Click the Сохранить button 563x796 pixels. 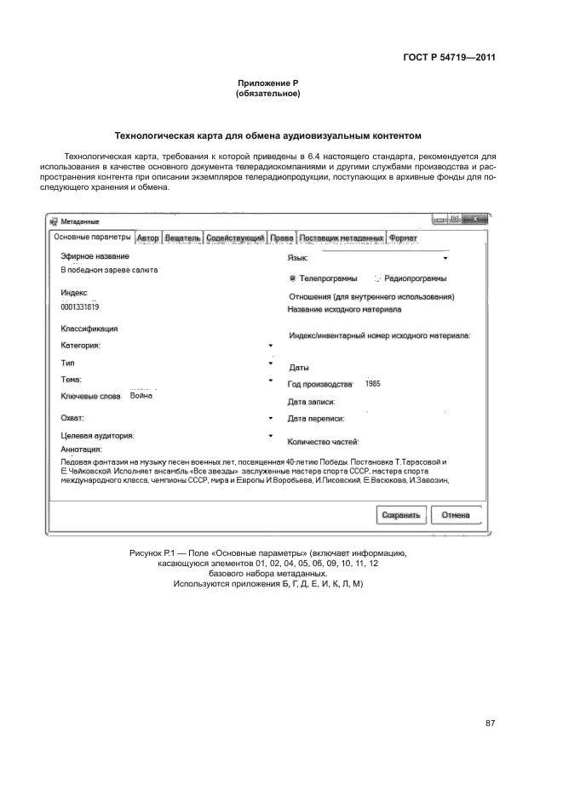(400, 515)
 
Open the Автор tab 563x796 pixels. (147, 238)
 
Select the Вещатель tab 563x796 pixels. (182, 238)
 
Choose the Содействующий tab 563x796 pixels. (235, 238)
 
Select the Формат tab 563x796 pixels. (403, 238)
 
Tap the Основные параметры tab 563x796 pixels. (92, 238)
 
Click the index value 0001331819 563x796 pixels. (80, 306)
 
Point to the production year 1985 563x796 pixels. (372, 384)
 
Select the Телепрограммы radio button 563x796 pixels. (293, 278)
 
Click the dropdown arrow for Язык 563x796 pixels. (445, 257)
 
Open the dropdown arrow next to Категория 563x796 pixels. (270, 346)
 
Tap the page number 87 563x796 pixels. (490, 724)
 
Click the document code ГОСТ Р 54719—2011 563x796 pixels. (449, 58)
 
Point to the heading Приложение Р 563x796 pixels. (267, 83)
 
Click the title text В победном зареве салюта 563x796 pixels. (108, 270)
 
